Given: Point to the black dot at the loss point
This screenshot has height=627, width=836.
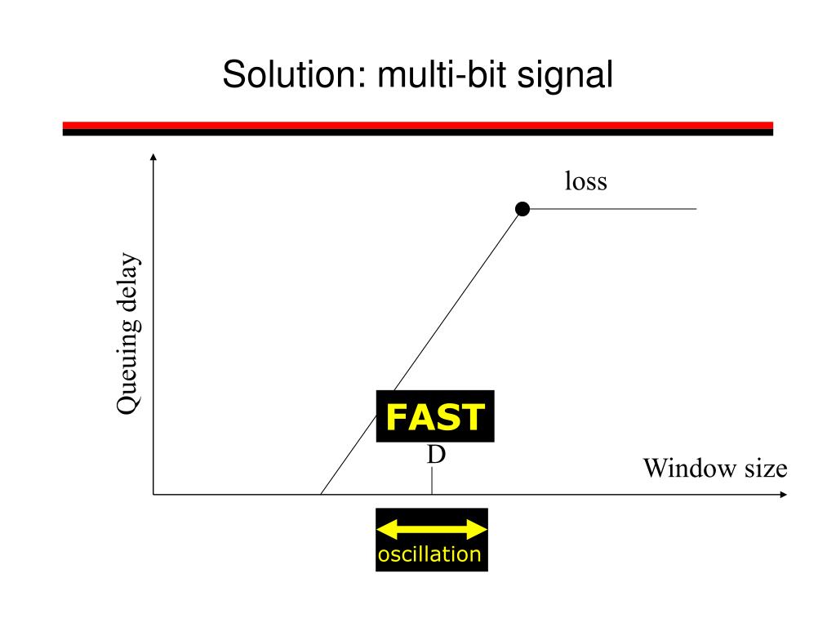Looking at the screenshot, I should tap(523, 210).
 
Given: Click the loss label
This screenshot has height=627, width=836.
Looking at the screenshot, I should tap(586, 181).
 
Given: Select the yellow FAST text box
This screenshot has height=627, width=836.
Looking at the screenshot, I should tap(435, 417).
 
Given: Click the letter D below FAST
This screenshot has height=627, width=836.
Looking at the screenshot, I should tap(437, 455).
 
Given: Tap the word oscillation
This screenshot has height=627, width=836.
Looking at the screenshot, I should tap(430, 555).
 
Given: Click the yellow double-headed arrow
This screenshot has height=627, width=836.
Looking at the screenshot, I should tap(431, 530).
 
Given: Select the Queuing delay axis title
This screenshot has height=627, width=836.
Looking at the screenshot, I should tap(128, 335).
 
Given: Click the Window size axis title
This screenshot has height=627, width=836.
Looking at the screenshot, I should tap(715, 469).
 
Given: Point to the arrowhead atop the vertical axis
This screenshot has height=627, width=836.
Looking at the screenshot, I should tap(153, 158).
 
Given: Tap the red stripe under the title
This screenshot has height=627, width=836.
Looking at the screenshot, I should tap(418, 125).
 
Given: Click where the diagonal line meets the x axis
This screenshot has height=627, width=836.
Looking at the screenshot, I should tap(320, 495).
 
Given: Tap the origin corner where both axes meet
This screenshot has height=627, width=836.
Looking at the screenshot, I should tap(153, 495).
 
